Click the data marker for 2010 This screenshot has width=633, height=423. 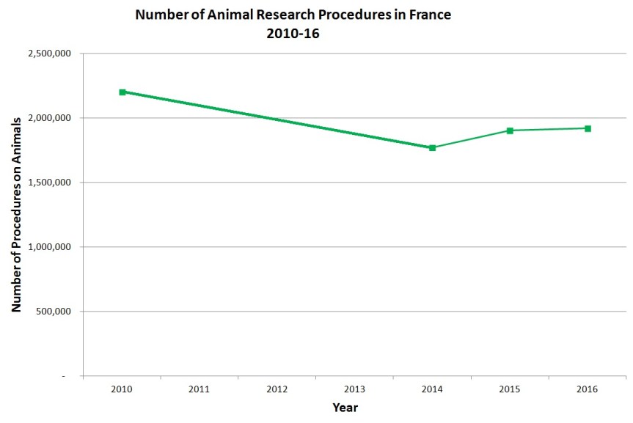122,92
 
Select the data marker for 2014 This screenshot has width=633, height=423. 432,147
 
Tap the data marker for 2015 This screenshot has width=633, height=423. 510,130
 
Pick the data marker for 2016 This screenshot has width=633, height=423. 588,128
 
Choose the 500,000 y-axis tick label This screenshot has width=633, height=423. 52,312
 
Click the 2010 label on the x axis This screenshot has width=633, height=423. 122,389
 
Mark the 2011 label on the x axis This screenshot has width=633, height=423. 200,389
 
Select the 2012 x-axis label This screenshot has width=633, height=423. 277,389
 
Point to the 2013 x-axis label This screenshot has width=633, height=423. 355,389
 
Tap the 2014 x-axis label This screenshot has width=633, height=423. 432,389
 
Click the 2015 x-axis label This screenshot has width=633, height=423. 510,389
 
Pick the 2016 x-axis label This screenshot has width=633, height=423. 588,389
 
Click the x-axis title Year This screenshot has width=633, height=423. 345,408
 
